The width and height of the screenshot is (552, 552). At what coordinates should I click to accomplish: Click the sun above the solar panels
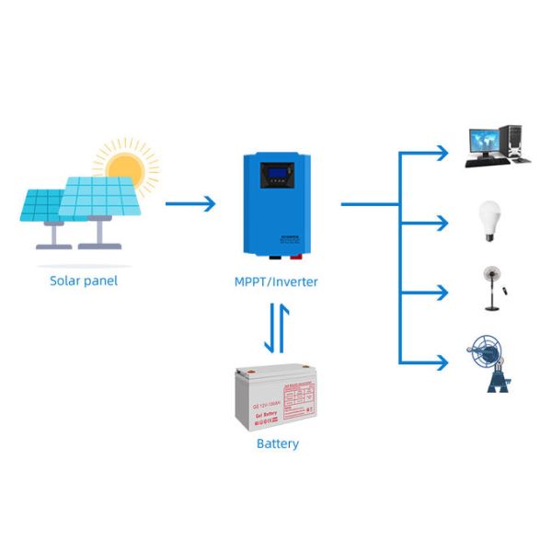[124, 169]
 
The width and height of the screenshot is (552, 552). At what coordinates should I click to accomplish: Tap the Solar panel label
[84, 281]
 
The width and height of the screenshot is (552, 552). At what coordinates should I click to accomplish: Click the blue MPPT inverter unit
[276, 204]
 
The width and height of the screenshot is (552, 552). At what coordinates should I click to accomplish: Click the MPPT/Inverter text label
[276, 282]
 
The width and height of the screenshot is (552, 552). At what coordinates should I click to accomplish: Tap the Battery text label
[277, 443]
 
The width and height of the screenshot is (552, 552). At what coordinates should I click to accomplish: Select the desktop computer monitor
[486, 141]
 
